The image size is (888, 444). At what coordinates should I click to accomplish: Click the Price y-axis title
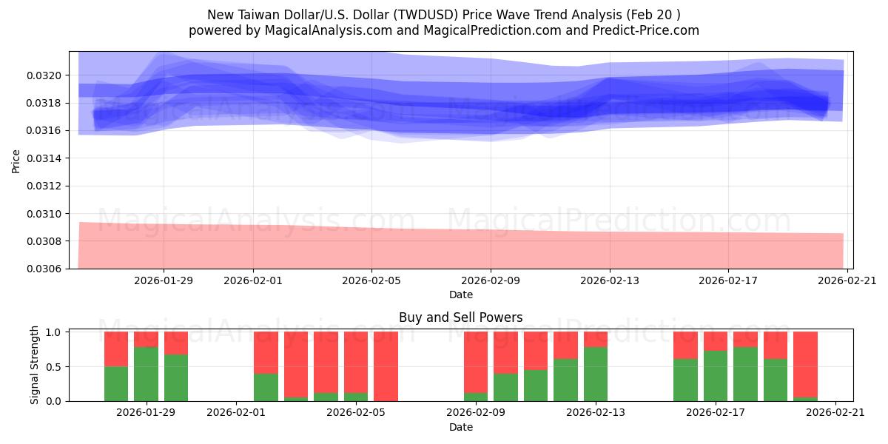(16, 160)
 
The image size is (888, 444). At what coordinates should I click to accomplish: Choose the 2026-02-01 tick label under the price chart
(252, 280)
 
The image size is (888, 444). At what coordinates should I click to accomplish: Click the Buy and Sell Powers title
(460, 317)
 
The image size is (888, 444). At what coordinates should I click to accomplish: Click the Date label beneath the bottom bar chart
(460, 427)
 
